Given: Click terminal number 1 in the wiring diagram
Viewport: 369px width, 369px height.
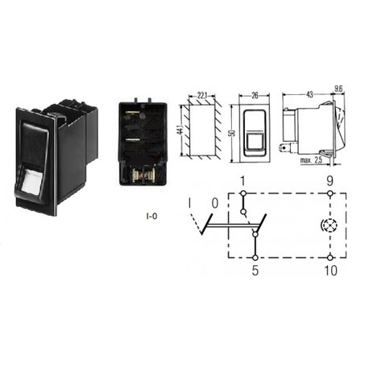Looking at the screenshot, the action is point(243,181).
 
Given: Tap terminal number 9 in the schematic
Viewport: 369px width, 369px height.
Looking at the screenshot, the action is point(330,181).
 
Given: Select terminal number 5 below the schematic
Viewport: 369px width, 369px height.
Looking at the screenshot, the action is point(255,271).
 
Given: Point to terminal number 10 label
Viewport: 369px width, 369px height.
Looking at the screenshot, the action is point(330,271).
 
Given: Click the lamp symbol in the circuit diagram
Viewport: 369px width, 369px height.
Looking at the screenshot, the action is point(329,226).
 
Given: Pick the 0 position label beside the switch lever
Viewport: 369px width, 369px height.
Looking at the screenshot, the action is point(215,203).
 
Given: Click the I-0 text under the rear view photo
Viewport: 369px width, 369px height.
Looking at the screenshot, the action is point(151,216).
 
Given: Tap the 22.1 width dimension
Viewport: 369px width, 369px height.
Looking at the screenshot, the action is point(202,95).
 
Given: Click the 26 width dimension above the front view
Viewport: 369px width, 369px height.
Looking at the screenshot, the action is point(255,95).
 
